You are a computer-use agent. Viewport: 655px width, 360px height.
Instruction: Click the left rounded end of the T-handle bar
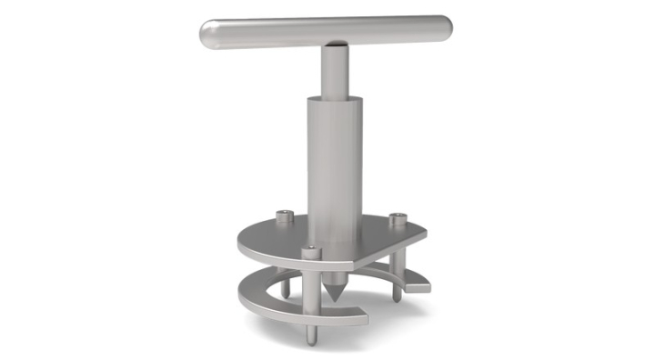click(208, 35)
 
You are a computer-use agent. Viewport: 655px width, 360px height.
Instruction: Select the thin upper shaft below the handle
click(333, 68)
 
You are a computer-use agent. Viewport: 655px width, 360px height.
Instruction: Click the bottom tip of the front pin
click(311, 341)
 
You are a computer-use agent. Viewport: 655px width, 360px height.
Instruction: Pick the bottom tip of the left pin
click(286, 295)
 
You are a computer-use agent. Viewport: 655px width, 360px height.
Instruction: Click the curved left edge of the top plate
click(242, 241)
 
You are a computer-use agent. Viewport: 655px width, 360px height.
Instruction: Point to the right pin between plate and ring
click(396, 273)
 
